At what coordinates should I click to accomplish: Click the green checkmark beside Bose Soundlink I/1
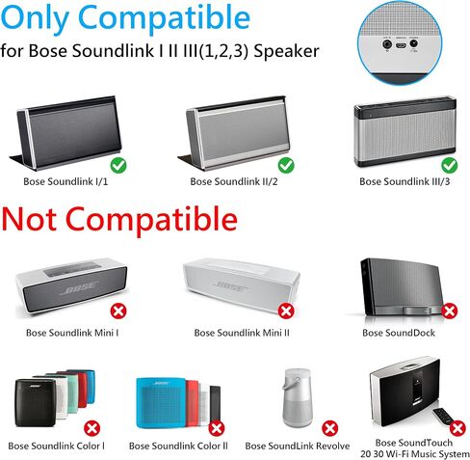pos(118,166)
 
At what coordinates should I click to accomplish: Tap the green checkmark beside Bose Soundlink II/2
pos(286,166)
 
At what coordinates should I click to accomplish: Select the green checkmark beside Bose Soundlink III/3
pos(450,166)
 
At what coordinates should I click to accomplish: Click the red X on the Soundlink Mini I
pos(118,311)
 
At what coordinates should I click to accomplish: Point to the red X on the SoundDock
pos(449,311)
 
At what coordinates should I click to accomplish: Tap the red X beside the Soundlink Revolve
pos(330,428)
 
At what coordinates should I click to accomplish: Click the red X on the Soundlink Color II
pos(217,428)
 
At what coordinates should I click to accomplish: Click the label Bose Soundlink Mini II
pos(242,333)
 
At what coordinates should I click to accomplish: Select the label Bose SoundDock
pos(399,333)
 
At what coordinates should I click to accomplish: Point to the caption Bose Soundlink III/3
pos(405,181)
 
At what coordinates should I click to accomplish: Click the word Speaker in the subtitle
pos(286,51)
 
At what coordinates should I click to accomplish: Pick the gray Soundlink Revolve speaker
pos(297,398)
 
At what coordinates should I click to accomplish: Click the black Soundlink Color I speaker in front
pos(36,403)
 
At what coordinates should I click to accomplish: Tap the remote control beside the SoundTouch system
pos(443,417)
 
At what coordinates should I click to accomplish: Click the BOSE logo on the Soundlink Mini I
pos(79,287)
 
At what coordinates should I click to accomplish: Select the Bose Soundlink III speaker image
pos(405,131)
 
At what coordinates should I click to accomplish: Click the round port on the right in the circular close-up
pos(414,43)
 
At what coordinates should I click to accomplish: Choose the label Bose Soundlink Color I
pos(57,446)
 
